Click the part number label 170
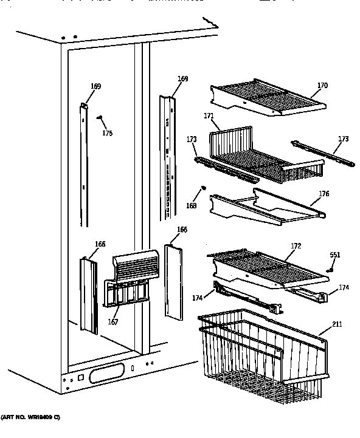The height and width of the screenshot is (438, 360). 322,86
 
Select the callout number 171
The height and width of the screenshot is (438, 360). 209,115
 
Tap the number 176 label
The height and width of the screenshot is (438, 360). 324,194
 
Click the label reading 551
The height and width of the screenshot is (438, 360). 334,256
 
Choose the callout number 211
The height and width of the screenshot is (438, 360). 336,324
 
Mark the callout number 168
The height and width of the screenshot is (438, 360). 192,206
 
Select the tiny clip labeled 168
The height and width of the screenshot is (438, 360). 204,188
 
